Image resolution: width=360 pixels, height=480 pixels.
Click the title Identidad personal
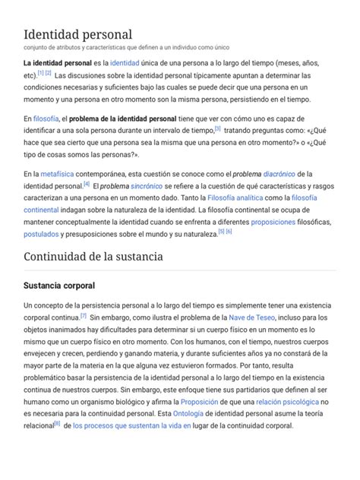(x=77, y=35)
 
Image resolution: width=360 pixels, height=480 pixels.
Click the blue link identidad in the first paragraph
(x=125, y=62)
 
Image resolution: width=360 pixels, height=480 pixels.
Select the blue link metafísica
(x=57, y=173)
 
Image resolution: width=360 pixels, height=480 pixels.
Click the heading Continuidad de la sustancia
(x=93, y=258)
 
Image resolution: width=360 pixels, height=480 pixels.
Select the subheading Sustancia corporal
(x=60, y=286)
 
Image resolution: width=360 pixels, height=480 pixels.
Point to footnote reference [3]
(x=217, y=129)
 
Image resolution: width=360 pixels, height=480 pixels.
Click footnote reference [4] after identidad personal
(x=87, y=183)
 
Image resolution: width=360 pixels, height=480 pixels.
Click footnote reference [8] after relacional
(x=57, y=424)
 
